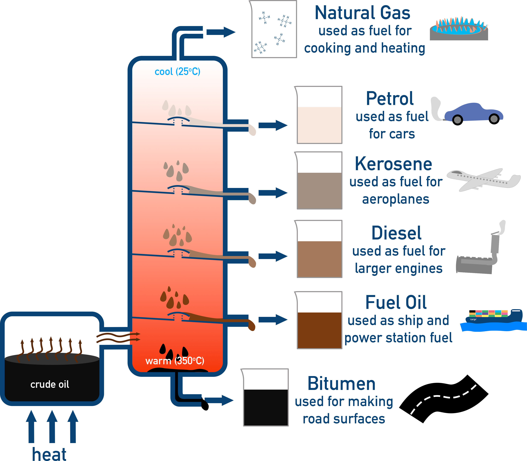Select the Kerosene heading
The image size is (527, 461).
coord(393,164)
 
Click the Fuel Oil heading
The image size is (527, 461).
coord(396,303)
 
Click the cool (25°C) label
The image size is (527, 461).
coord(177,72)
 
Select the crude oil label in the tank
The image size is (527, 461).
coord(50,384)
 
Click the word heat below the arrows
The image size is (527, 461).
coord(49,454)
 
